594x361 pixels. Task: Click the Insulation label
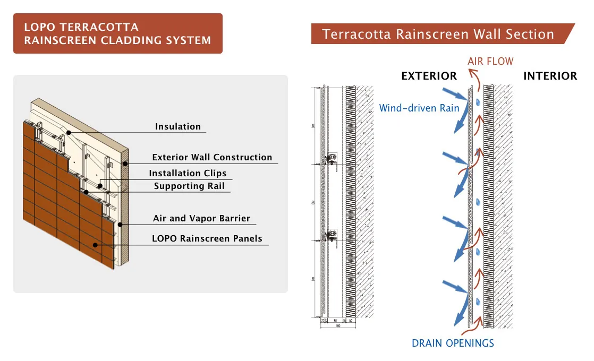click(x=178, y=127)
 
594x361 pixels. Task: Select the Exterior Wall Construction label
click(x=212, y=158)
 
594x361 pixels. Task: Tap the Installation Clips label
click(x=188, y=174)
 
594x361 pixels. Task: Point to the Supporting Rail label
click(x=189, y=186)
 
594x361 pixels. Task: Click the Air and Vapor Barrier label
click(x=201, y=219)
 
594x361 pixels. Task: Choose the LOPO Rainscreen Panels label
click(x=207, y=239)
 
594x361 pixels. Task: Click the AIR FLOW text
click(x=490, y=62)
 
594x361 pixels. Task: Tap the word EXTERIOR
click(x=429, y=76)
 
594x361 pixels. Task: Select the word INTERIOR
click(x=550, y=76)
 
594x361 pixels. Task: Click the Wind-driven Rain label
click(x=419, y=108)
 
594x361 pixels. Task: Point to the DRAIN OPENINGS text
click(x=453, y=343)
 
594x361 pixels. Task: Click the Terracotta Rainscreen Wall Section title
click(x=438, y=35)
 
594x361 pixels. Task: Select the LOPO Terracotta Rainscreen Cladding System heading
click(x=117, y=33)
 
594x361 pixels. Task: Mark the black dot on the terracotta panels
click(x=95, y=245)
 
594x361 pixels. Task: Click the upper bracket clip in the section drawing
click(x=331, y=158)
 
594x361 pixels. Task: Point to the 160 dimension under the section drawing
click(x=338, y=325)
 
